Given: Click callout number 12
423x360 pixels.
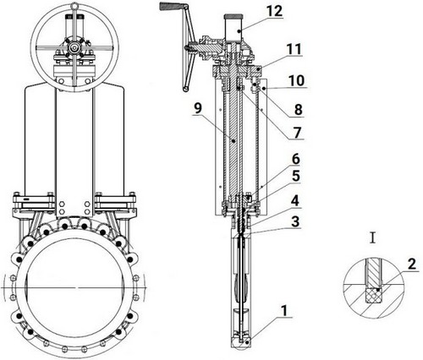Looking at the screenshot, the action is pos(274,11).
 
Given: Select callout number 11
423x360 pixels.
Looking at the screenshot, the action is pos(294,49).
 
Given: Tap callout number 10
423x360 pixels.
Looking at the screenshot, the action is pos(296,80).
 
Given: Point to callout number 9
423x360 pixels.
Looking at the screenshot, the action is pos(198,108).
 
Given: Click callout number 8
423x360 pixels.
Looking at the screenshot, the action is pos(299,110).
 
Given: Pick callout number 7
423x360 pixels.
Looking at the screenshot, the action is pos(297,133).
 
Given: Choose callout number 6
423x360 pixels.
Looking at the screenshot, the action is pos(296,159).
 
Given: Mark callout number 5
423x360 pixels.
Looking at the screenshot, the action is pos(296,176).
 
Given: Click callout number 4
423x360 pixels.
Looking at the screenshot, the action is pos(295,201).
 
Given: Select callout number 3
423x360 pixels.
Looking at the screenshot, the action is pos(295,221).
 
